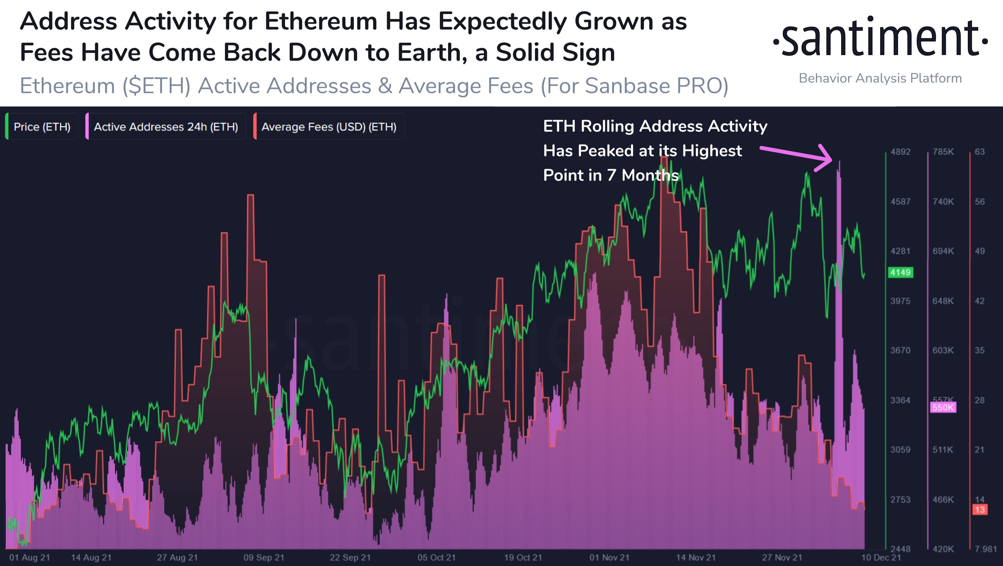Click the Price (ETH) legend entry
click(x=42, y=127)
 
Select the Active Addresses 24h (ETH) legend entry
click(x=166, y=127)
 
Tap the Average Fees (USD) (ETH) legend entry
click(x=329, y=127)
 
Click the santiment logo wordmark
click(x=880, y=39)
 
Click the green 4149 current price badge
click(x=900, y=272)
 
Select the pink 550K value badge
click(x=943, y=407)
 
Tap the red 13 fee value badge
click(x=980, y=509)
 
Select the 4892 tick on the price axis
click(x=900, y=152)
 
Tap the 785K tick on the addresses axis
click(x=943, y=152)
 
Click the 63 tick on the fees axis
click(x=980, y=152)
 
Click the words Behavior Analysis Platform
click(x=880, y=78)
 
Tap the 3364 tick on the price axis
click(x=900, y=400)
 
